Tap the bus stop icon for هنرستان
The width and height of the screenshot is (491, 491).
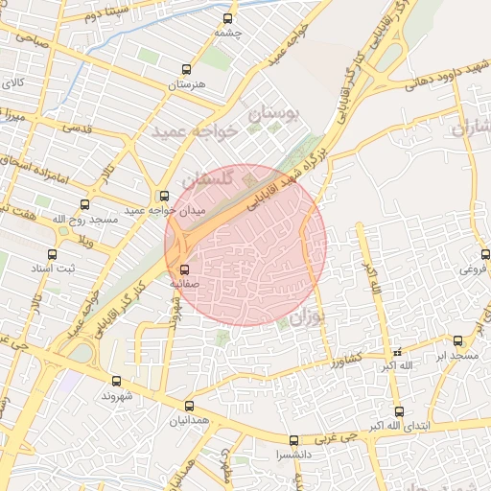(x=186, y=69)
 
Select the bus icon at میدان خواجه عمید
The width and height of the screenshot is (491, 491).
(x=164, y=196)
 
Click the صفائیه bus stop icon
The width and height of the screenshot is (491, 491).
(x=185, y=269)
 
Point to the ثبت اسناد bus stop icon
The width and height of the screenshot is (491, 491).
(x=53, y=255)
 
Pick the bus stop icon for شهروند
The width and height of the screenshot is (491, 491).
(x=117, y=381)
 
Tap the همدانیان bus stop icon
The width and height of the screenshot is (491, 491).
(x=189, y=406)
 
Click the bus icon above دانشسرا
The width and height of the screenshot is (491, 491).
(x=293, y=440)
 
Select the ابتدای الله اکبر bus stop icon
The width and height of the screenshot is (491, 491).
(x=399, y=411)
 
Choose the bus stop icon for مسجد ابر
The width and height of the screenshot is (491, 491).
(x=457, y=340)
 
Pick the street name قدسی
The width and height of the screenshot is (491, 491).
(x=78, y=127)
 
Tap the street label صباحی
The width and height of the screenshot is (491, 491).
(x=27, y=41)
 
